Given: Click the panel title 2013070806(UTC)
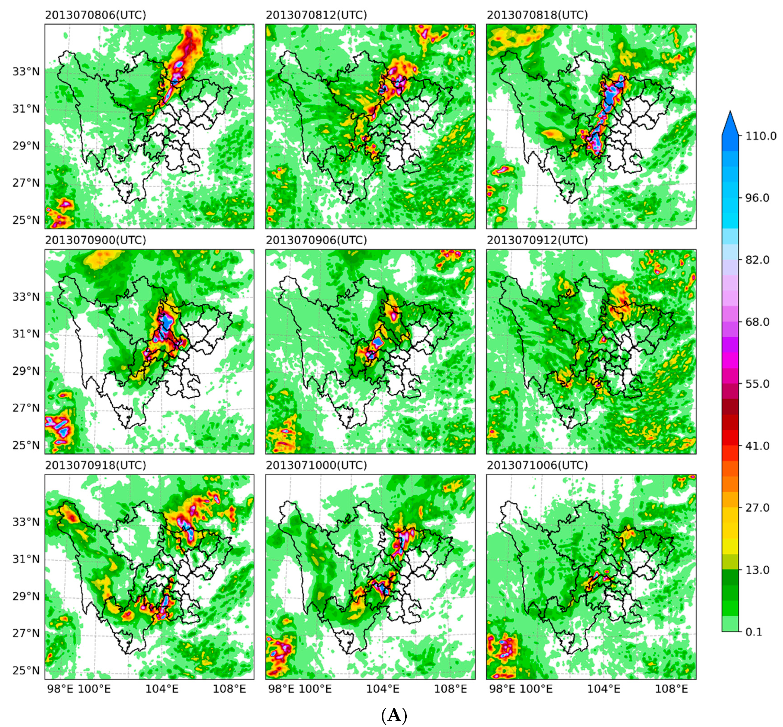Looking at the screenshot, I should pyautogui.click(x=95, y=15).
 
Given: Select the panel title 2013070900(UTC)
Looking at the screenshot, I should pyautogui.click(x=95, y=240).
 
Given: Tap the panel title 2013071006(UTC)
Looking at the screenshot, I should pyautogui.click(x=537, y=465).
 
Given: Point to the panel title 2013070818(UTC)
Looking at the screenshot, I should pyautogui.click(x=537, y=15).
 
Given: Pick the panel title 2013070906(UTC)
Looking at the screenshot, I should pyautogui.click(x=316, y=240).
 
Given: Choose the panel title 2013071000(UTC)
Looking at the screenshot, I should pyautogui.click(x=316, y=465).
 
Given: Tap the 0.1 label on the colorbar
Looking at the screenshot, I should pyautogui.click(x=754, y=632).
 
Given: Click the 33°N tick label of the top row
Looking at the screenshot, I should pyautogui.click(x=26, y=72).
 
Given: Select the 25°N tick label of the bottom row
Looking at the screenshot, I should pyautogui.click(x=26, y=670).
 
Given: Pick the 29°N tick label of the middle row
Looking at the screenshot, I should pyautogui.click(x=26, y=371).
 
